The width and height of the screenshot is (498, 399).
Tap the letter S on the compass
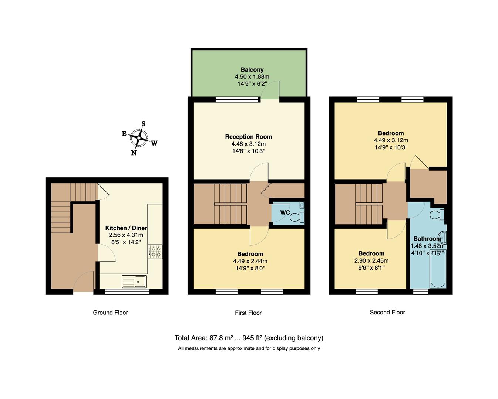coord(144,124)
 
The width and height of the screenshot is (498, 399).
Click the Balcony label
coord(252,69)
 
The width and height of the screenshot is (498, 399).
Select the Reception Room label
coord(248,137)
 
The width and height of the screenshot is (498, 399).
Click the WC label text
coord(285,212)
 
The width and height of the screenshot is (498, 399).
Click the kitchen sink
coord(134,282)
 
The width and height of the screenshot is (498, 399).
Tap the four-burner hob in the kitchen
coord(155,252)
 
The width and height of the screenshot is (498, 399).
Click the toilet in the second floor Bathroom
coord(438,214)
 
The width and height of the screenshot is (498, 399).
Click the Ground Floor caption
coord(110,313)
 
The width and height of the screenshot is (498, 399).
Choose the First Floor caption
coord(248,313)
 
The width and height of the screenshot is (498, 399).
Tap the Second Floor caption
coord(387,313)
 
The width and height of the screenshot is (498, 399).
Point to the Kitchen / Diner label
coord(126,228)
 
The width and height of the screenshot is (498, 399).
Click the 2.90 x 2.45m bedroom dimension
coord(371,260)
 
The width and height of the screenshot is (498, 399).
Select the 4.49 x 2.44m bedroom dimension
coord(250,261)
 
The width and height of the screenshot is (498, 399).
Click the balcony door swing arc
coord(272,89)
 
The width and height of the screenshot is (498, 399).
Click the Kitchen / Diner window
coord(127,292)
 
